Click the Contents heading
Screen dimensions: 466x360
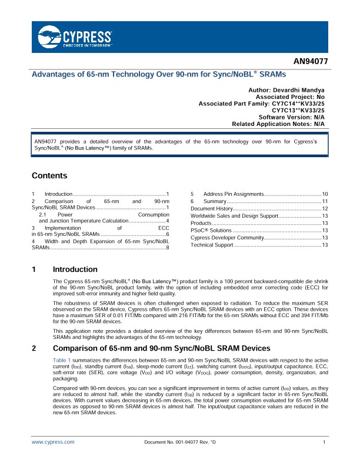pyautogui.click(x=49, y=176)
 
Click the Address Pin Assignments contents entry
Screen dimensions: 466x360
pyautogui.click(x=234, y=194)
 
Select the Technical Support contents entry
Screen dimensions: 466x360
pyautogui.click(x=212, y=245)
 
